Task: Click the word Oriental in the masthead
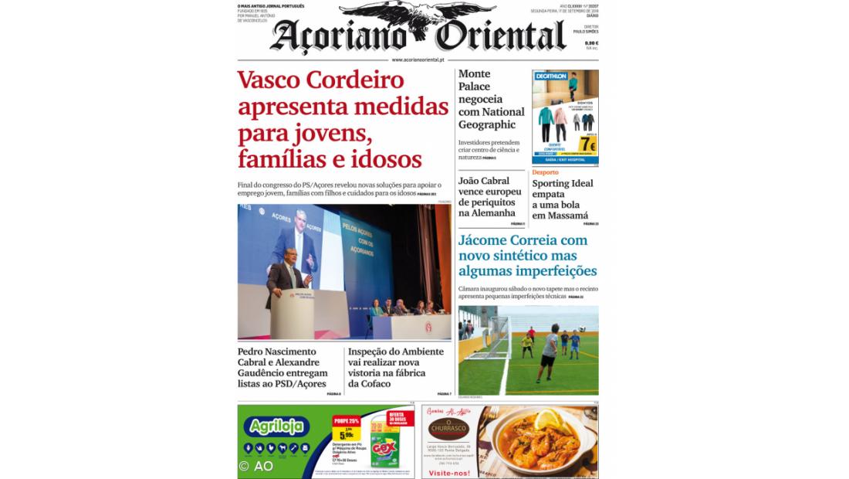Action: (x=500, y=36)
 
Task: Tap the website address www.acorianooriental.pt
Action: (x=418, y=59)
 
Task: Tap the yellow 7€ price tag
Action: (x=587, y=144)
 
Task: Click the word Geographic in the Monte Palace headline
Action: (x=487, y=124)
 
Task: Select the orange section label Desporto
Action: (x=545, y=172)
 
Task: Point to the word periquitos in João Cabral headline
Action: (x=489, y=202)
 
